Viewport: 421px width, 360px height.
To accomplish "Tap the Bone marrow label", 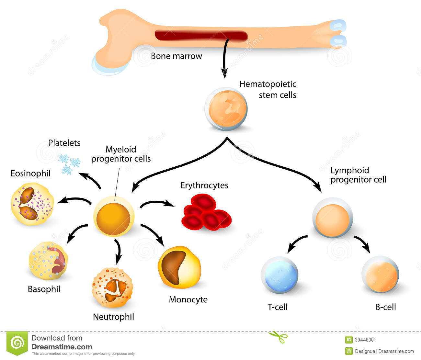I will click(x=176, y=56).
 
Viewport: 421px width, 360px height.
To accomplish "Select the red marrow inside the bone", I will click(x=201, y=35).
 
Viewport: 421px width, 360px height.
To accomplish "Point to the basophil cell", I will click(x=48, y=261).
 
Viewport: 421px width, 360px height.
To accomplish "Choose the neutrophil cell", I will click(x=112, y=288).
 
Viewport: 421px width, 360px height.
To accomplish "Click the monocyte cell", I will click(x=179, y=267).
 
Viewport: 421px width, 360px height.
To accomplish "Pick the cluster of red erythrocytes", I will click(x=206, y=212).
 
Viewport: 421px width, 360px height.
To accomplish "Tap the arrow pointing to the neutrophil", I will click(x=119, y=251).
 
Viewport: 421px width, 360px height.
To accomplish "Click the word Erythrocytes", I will click(x=204, y=185).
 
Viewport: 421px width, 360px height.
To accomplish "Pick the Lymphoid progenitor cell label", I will click(x=358, y=175).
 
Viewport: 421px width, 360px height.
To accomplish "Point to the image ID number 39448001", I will click(x=366, y=340).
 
